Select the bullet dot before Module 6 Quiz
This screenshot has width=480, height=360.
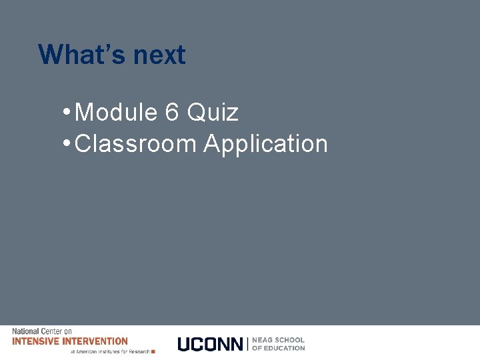coord(69,111)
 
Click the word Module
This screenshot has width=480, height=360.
coord(116,113)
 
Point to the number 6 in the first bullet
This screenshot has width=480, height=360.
coord(171,113)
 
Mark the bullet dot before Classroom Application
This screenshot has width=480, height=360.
coord(69,143)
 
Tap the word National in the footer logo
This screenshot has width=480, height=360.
coord(25,331)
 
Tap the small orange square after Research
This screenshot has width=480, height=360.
coord(153,351)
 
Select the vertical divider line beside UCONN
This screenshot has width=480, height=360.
coord(248,344)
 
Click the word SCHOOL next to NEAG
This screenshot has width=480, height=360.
coord(290,340)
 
